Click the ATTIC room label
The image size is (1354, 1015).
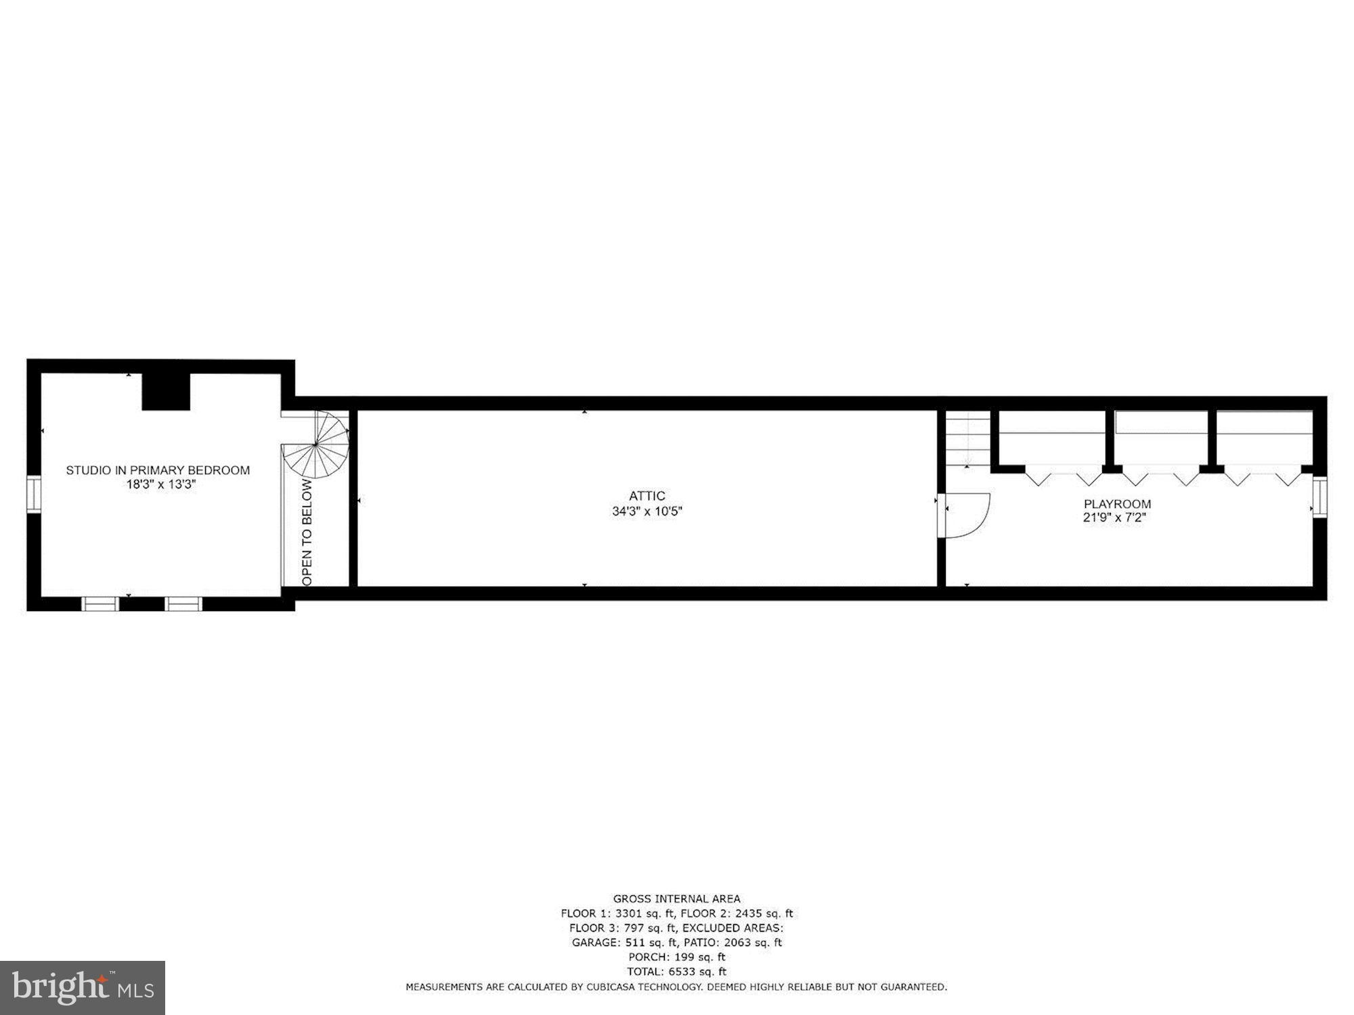[x=647, y=496]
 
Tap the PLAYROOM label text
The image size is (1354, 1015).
[x=1117, y=504]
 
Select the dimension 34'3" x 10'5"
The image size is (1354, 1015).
[x=647, y=512]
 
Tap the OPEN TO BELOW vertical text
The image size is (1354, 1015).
[x=307, y=532]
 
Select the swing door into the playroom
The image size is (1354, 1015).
[x=967, y=516]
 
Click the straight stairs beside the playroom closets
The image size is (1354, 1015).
[x=967, y=440]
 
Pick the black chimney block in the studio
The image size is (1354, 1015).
[x=166, y=392]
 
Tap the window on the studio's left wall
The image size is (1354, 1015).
[x=34, y=495]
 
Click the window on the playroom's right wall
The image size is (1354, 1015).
[x=1319, y=497]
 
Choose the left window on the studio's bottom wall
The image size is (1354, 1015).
[x=100, y=604]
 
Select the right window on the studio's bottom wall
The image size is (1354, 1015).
[x=184, y=604]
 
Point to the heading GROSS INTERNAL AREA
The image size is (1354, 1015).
[x=676, y=899]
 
